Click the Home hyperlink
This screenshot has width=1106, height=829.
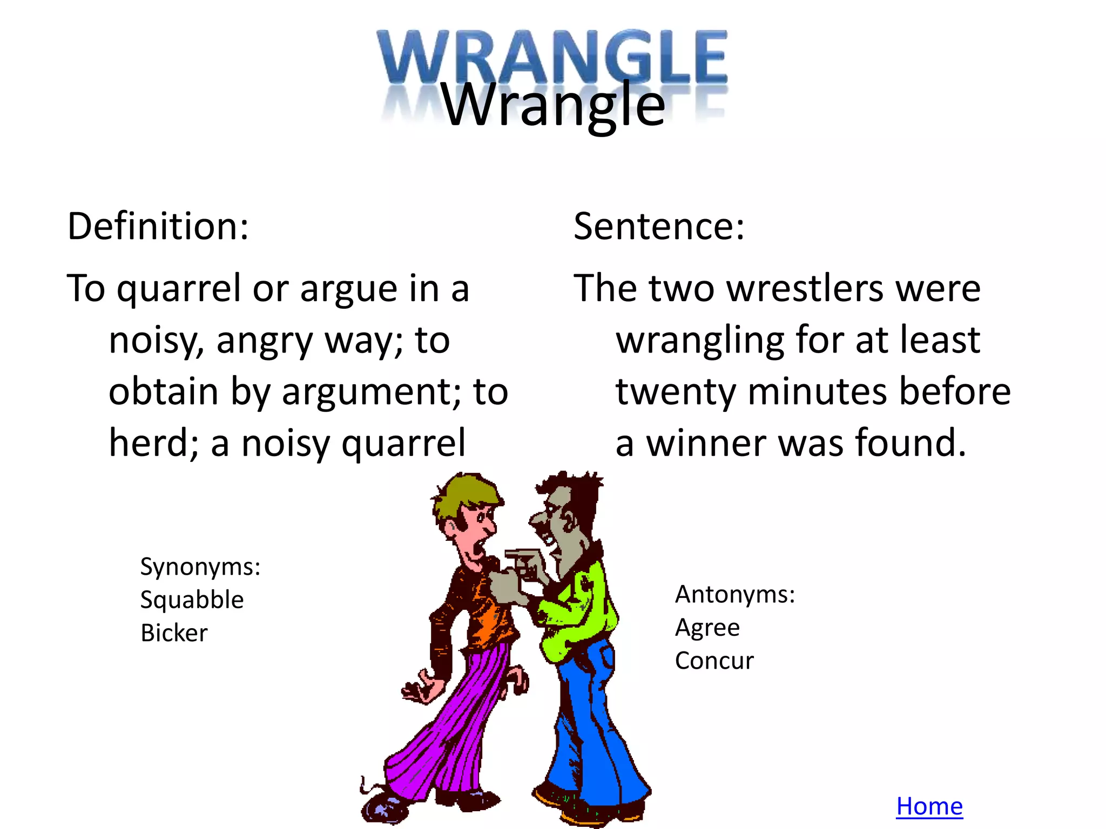[929, 806]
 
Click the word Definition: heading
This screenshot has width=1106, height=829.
[158, 226]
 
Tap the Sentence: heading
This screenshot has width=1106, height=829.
[659, 226]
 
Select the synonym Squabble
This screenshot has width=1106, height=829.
[192, 600]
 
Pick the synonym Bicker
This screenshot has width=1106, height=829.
[174, 633]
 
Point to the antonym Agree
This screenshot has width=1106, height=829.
[707, 628]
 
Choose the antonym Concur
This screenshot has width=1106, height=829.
[714, 661]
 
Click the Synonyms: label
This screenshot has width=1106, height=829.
[200, 567]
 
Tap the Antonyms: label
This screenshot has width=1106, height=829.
[735, 594]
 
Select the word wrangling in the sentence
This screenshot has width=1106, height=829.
[700, 341]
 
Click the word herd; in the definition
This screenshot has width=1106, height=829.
[154, 443]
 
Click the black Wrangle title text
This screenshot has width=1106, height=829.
[553, 105]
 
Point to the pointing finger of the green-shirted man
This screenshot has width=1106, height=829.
[520, 554]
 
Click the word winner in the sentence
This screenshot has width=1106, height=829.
[707, 443]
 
